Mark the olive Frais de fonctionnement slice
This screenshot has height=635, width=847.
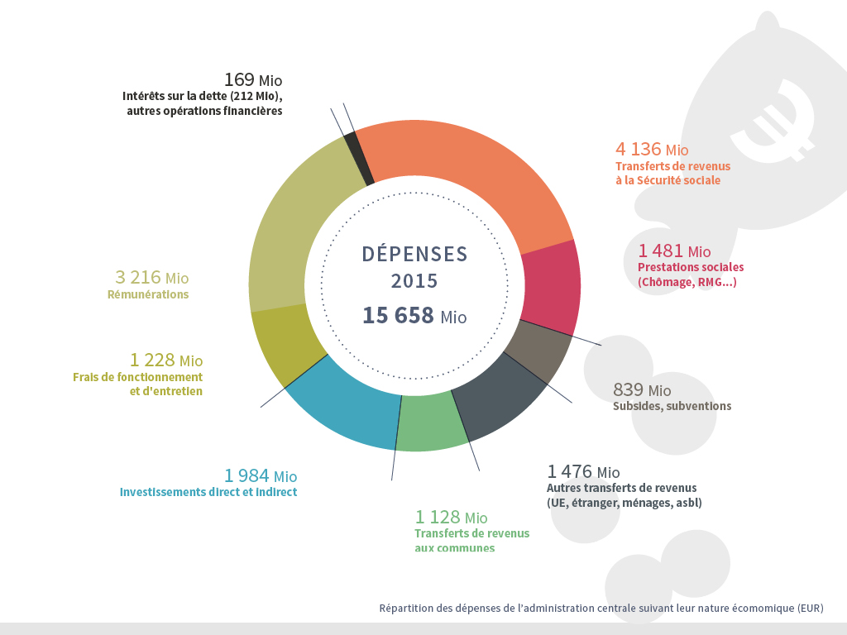point(281,344)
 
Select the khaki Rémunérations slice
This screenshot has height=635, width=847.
point(285,232)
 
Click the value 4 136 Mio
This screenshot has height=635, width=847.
point(652,150)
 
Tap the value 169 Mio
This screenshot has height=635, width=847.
point(253,80)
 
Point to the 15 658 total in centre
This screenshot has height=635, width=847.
point(414,315)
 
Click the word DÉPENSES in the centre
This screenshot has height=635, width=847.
point(414,254)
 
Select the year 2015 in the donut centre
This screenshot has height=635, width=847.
point(414,281)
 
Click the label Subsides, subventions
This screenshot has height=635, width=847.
point(672,406)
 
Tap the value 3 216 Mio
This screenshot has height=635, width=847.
point(152,278)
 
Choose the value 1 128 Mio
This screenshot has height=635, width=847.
point(451,518)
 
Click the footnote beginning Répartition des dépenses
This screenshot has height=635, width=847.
point(601,609)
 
